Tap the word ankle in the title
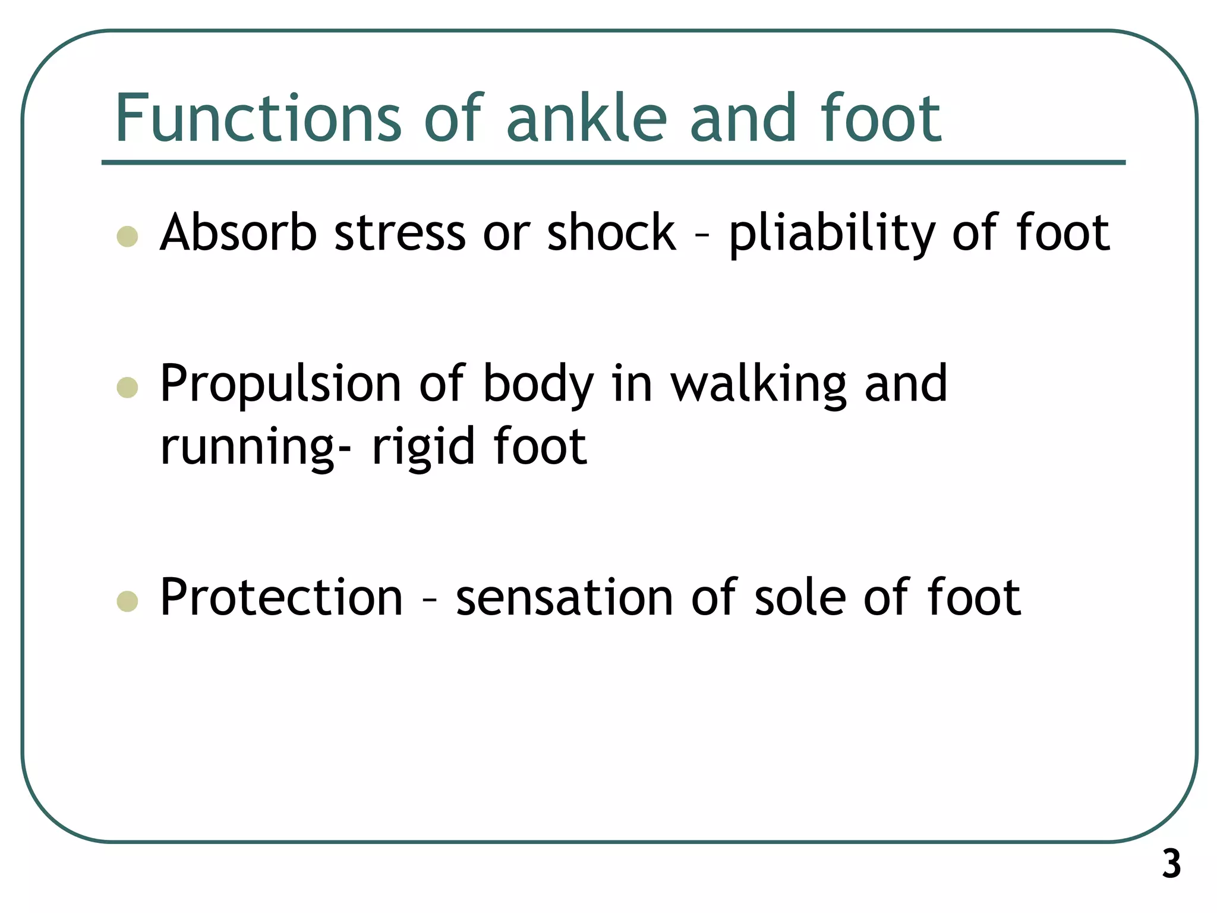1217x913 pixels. coord(587,118)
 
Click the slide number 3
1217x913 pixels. coord(1171,864)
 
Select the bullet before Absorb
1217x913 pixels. coord(128,236)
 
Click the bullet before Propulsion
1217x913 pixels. coord(128,388)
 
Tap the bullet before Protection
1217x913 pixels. coord(128,601)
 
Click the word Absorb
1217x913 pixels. coord(238,232)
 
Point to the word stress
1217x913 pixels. coord(400,232)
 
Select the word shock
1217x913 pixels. coord(611,232)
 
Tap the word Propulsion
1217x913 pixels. coord(280,385)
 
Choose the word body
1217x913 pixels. coord(538,385)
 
